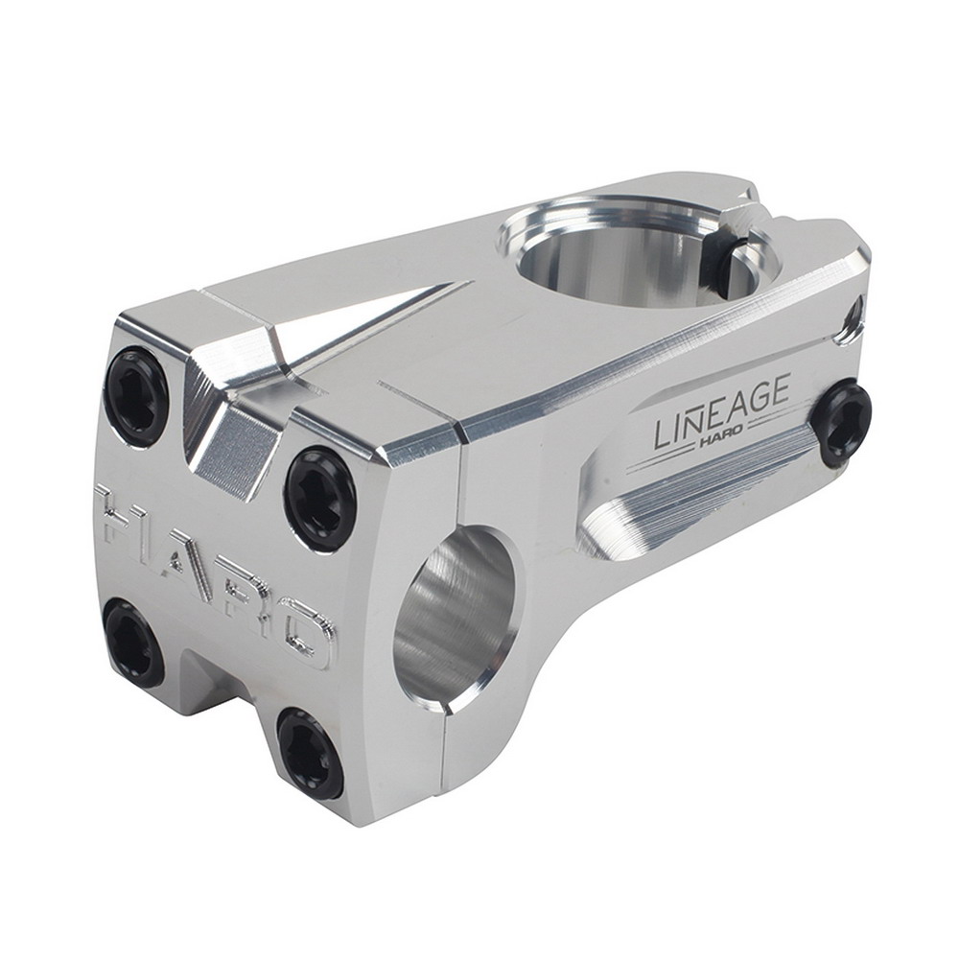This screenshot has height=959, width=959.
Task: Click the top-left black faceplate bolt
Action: tap(135, 396)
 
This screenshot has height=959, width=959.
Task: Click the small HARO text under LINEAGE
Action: tap(725, 440)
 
